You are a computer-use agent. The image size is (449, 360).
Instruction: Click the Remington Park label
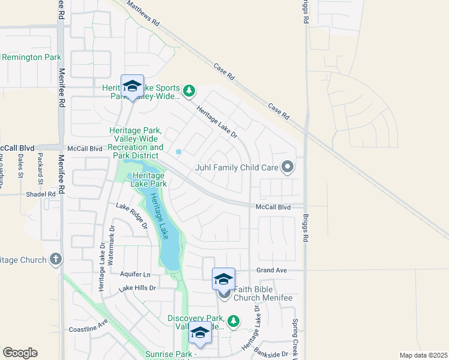[31, 57]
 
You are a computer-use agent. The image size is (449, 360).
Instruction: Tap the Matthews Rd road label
[143, 13]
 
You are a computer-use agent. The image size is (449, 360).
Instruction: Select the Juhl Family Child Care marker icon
[289, 167]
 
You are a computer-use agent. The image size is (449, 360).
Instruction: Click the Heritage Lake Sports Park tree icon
[190, 91]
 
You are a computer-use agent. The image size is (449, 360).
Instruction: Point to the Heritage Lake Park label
[145, 179]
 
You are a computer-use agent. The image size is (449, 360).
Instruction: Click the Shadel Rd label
[40, 194]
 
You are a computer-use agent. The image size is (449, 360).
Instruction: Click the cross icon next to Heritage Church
[56, 260]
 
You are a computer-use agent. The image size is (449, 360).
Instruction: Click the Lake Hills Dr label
[137, 289]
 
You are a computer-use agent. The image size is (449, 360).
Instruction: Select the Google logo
[20, 353]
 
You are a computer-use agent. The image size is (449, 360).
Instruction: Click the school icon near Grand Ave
[223, 279]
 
